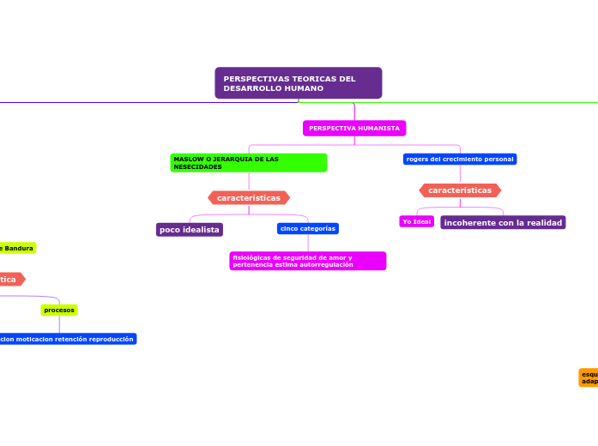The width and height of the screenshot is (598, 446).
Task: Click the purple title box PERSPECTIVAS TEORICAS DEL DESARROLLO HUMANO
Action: (298, 83)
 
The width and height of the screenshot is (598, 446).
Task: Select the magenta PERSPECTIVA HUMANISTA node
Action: (354, 128)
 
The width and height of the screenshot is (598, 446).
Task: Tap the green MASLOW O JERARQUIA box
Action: (249, 163)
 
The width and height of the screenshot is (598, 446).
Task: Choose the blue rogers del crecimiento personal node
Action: (460, 159)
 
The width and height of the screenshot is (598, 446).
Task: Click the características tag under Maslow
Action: (249, 197)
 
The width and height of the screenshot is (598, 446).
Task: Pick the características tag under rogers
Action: (460, 190)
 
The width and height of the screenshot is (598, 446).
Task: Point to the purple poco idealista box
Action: (190, 230)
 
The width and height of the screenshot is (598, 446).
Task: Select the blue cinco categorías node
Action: (308, 228)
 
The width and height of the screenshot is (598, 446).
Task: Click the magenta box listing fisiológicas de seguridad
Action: (308, 261)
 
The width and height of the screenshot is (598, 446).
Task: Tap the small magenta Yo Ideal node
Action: (417, 222)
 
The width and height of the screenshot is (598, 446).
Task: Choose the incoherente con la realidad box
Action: (503, 223)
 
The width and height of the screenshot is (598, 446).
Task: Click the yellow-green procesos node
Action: (59, 310)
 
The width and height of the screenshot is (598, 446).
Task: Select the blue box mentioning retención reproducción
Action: (67, 339)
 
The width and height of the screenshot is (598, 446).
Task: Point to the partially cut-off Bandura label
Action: (17, 248)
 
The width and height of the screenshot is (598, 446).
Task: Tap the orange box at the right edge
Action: (589, 377)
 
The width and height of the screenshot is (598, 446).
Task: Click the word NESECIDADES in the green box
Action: (197, 167)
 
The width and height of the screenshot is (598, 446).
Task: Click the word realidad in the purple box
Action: (544, 223)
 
